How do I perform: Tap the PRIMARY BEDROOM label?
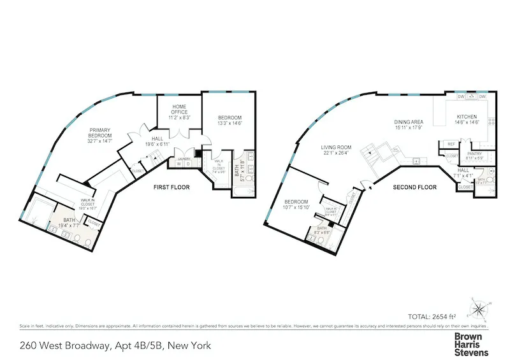coord(101,136)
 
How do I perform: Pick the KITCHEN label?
coord(467,117)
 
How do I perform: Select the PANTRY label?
coord(474,154)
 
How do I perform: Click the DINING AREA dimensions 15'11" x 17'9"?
coord(409,126)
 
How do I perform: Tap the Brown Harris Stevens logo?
coord(470,344)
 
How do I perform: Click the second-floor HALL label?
coord(463,170)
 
